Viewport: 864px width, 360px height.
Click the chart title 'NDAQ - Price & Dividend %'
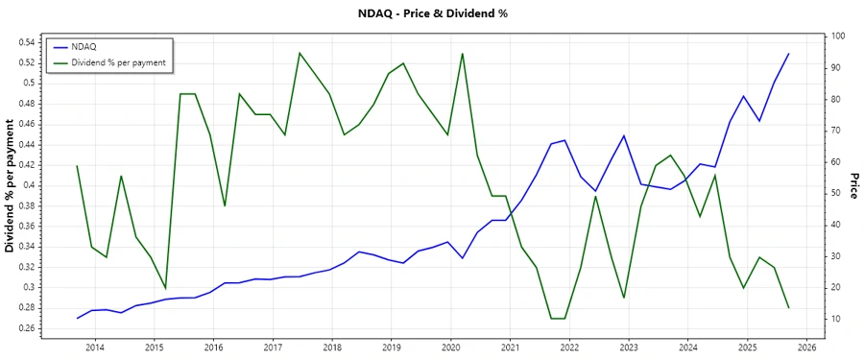point(432,14)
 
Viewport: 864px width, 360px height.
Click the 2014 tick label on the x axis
point(95,348)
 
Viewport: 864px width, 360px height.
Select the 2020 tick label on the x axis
point(450,348)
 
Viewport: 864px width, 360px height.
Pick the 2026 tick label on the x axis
point(805,348)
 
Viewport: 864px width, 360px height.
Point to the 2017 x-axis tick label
point(273,348)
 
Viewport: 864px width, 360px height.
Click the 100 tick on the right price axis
point(838,36)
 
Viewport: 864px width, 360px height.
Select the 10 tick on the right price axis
point(836,319)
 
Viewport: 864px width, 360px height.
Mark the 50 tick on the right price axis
point(836,193)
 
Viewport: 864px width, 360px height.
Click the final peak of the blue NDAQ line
point(788,54)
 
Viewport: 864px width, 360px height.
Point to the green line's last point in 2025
point(788,307)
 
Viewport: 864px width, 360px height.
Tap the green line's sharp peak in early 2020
point(463,53)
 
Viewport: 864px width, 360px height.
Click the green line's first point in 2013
point(78,166)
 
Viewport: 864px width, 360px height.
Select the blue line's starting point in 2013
point(78,318)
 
